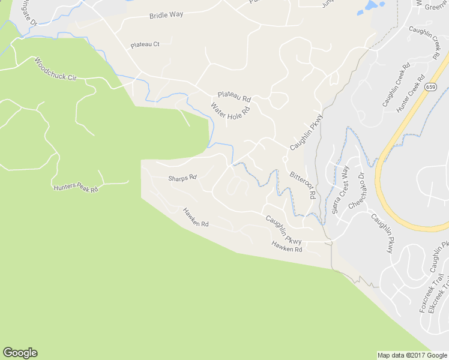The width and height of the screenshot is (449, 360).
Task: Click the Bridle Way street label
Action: pos(167,15)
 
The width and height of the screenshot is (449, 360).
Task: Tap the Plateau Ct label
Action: pos(145,45)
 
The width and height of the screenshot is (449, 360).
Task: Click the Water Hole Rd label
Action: pos(229,112)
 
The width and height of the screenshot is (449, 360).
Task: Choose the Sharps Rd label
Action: pos(182,178)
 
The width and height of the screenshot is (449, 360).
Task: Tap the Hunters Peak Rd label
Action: pos(76,188)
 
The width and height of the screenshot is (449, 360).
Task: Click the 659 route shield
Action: pos(432,87)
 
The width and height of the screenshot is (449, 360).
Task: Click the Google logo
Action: pos(20,353)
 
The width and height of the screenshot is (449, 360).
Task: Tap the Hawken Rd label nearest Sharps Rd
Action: pos(196,217)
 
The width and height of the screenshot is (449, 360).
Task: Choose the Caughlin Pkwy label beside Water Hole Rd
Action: pos(306,131)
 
